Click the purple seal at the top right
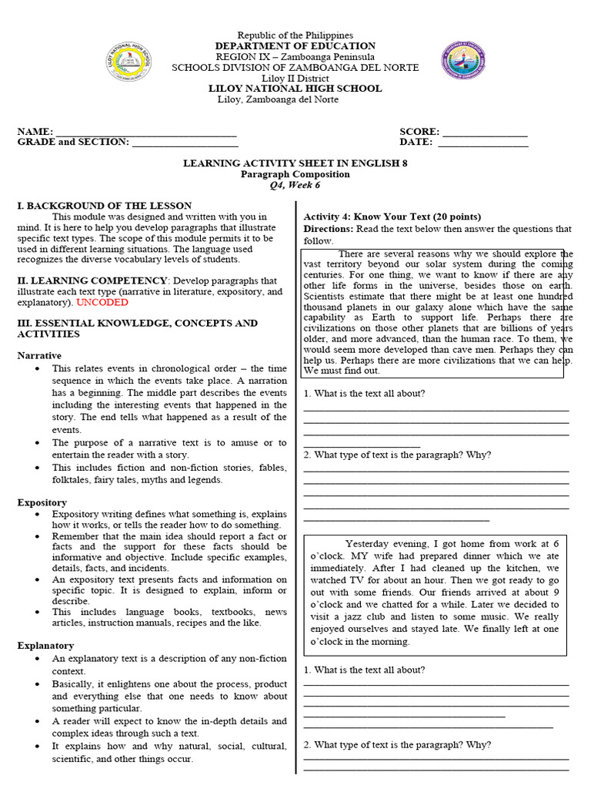click(463, 61)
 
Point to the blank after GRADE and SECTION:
click(185, 144)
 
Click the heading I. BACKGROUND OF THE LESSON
click(105, 206)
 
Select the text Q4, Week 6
click(295, 185)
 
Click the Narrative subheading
click(39, 356)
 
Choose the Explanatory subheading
click(45, 646)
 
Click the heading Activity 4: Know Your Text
click(392, 217)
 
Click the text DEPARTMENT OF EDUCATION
click(295, 46)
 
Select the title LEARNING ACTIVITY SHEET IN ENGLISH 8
click(295, 163)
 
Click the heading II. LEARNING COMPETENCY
click(92, 280)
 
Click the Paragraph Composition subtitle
click(295, 174)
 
